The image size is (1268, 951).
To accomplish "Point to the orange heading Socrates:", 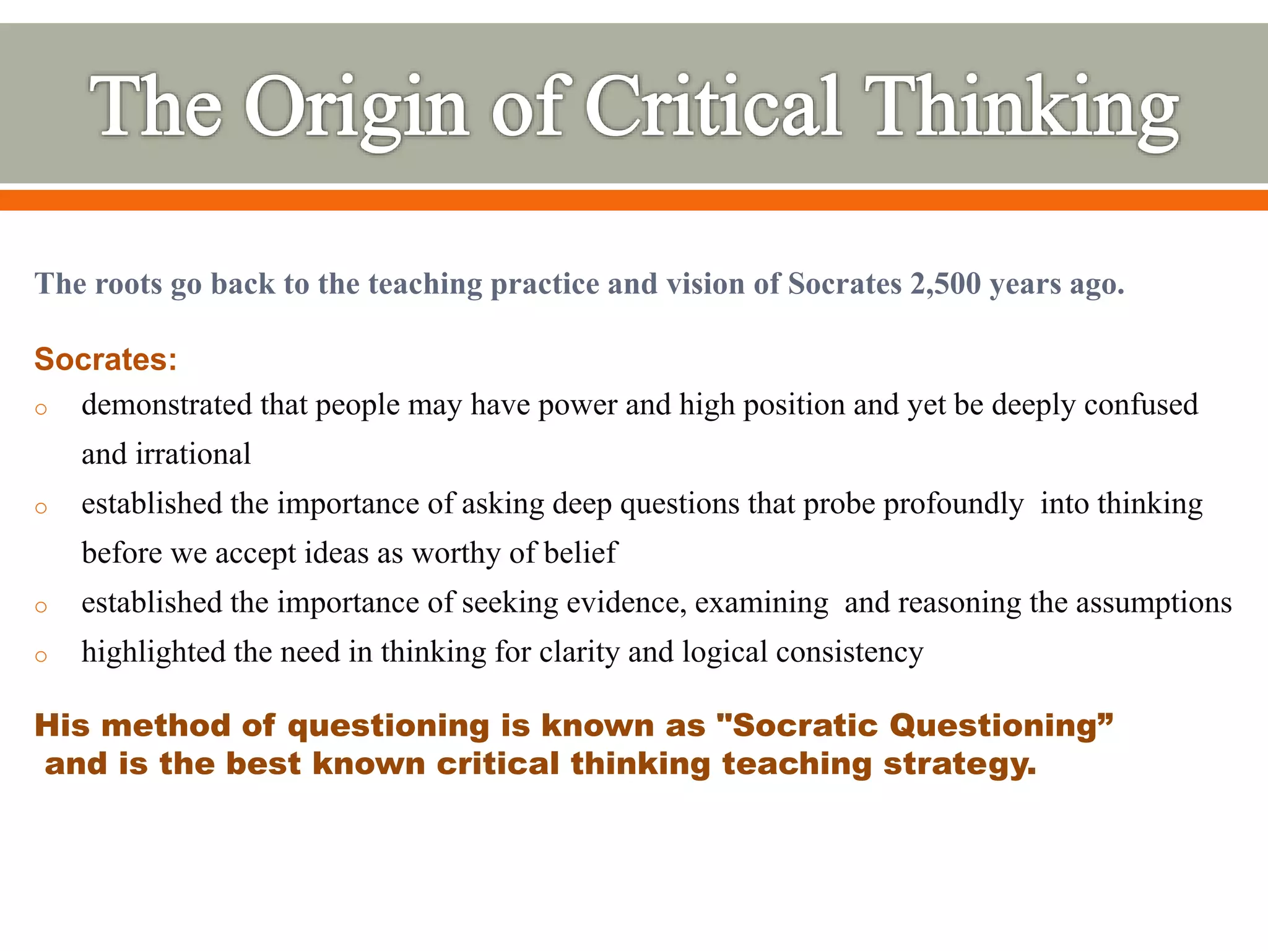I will tap(105, 359).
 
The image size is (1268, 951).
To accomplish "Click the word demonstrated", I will tap(167, 405).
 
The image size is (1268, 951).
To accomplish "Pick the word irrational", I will tap(193, 454).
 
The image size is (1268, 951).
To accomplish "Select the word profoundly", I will tap(953, 504).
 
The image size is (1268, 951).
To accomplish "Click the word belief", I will tap(580, 553).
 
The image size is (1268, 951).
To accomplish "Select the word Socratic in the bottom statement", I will tap(805, 725).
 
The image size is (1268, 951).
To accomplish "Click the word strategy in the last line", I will tap(960, 764).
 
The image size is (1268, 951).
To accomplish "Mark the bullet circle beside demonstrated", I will tap(41, 409).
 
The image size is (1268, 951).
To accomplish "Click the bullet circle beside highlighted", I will tap(41, 656).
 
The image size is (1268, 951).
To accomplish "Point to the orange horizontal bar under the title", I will tap(634, 200).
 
